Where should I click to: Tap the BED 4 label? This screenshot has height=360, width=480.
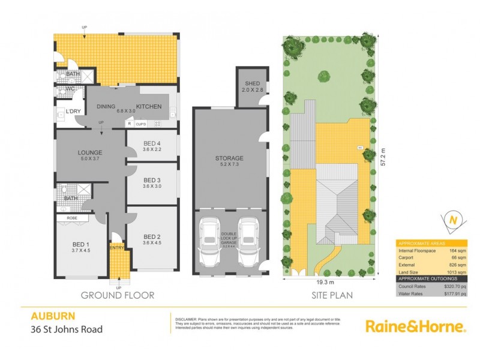(x=152, y=143)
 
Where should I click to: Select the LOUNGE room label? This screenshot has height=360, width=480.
(x=89, y=152)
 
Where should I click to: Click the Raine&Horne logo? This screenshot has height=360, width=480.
(x=415, y=327)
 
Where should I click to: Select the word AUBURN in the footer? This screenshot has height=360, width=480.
(x=47, y=316)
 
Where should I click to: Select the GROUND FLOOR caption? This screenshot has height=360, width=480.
(x=117, y=295)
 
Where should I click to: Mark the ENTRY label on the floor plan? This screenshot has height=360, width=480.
(x=117, y=247)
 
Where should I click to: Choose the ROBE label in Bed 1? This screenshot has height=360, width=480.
(x=73, y=218)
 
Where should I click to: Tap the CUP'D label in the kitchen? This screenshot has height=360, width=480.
(x=142, y=124)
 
